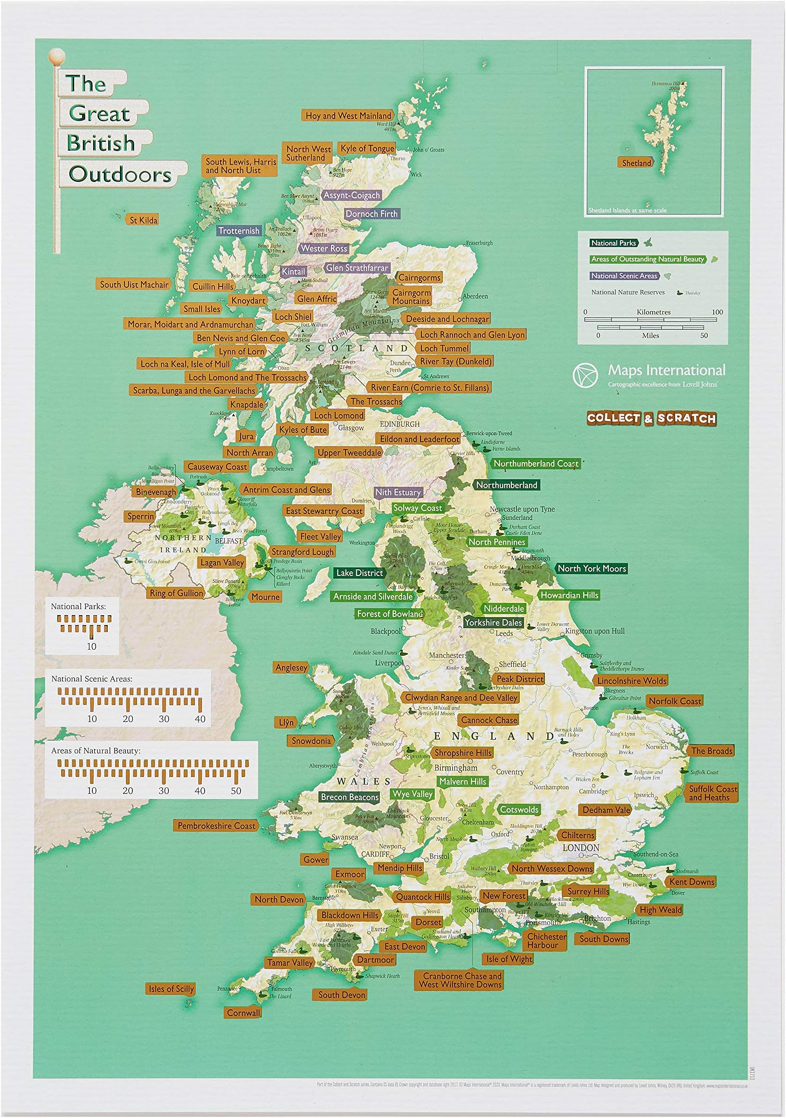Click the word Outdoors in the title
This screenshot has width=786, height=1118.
click(x=120, y=174)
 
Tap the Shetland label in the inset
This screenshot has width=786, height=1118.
click(x=636, y=163)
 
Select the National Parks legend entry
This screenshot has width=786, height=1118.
click(x=613, y=243)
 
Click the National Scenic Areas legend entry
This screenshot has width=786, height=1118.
click(x=624, y=276)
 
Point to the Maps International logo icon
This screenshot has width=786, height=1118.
click(x=586, y=375)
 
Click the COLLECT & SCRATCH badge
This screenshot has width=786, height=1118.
click(x=651, y=418)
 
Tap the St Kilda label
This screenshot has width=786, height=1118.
click(x=143, y=220)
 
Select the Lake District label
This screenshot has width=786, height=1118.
click(x=359, y=573)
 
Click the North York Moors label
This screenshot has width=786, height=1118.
click(x=591, y=568)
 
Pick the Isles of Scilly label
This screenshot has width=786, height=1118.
click(x=171, y=988)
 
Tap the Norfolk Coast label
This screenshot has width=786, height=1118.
click(x=675, y=701)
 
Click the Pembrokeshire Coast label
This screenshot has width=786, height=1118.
click(x=216, y=826)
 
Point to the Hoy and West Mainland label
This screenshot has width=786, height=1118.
click(x=348, y=116)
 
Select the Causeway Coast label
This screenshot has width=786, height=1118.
click(x=217, y=466)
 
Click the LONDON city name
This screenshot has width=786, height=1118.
click(x=580, y=848)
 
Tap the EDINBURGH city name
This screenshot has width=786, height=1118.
click(x=400, y=424)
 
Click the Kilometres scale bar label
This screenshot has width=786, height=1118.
click(x=653, y=312)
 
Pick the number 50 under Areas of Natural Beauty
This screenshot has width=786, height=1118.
click(x=236, y=791)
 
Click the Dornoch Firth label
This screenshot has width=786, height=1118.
click(x=372, y=214)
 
